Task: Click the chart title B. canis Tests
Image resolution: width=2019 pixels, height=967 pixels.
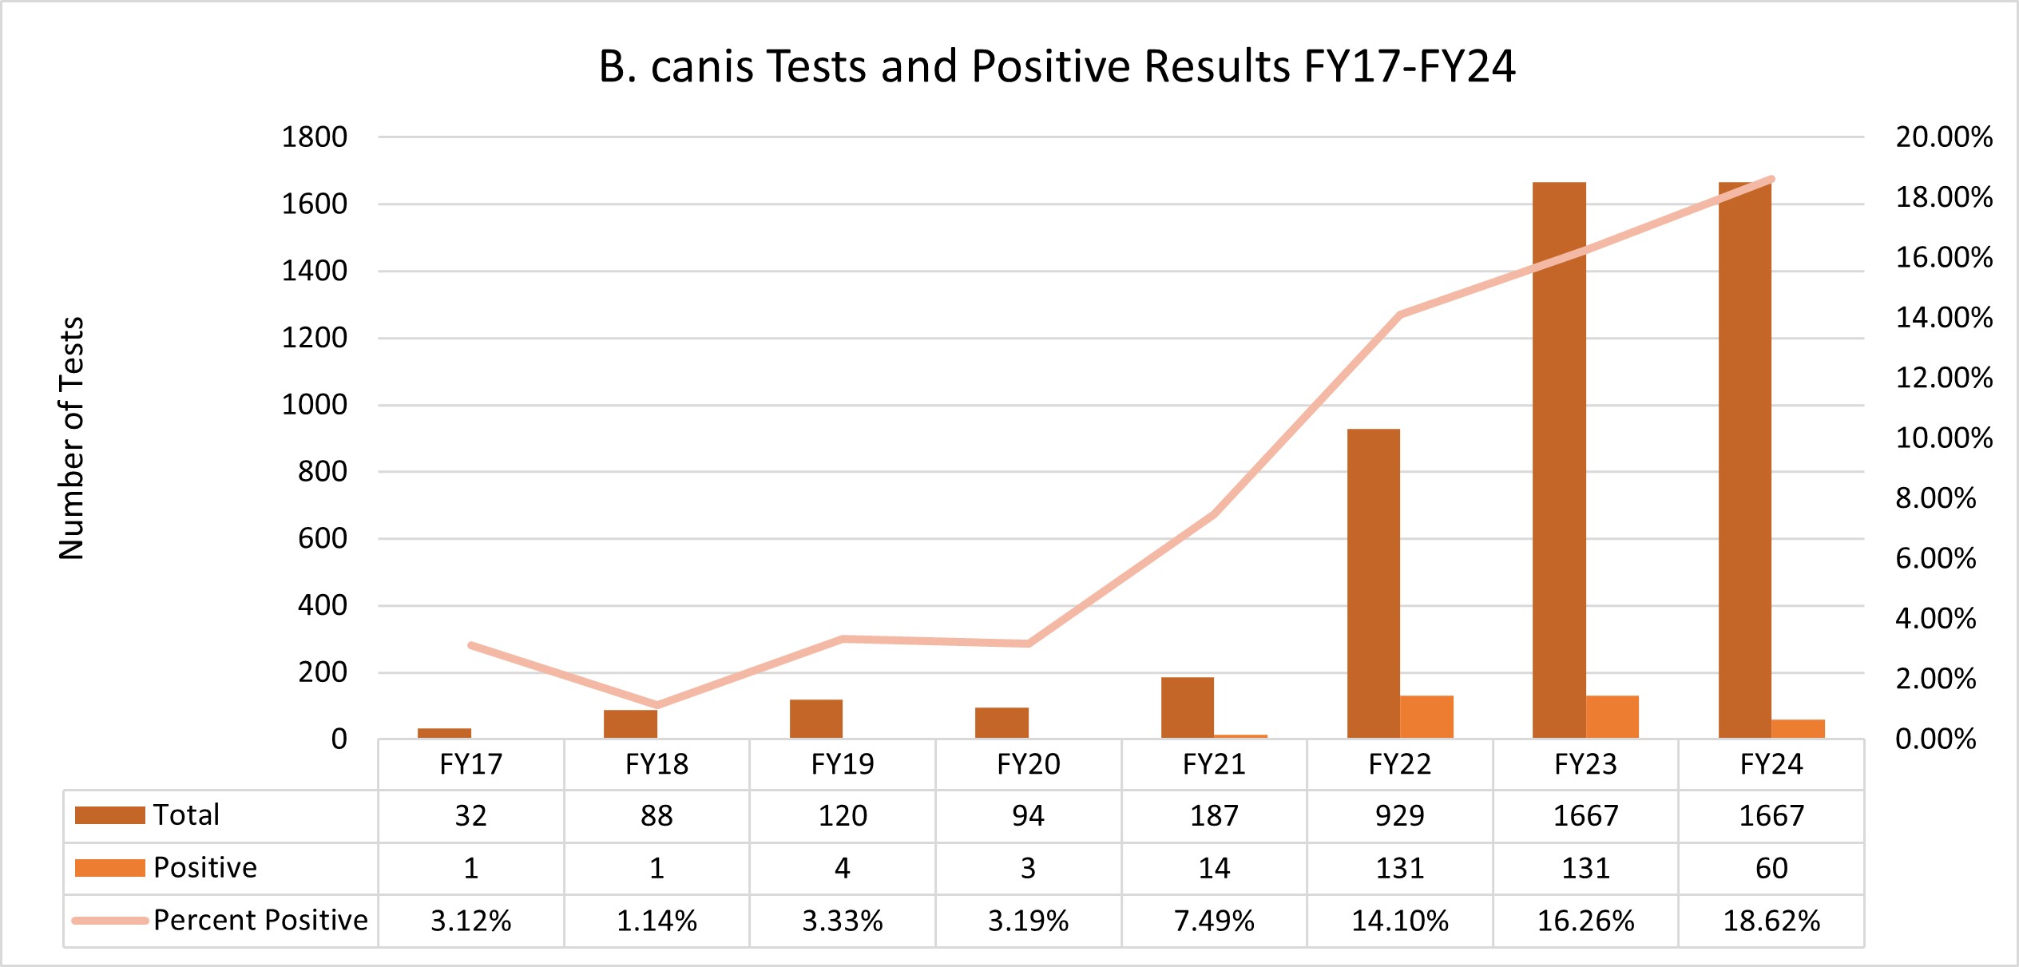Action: point(1056,66)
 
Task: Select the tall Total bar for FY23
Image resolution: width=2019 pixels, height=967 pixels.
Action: point(1558,459)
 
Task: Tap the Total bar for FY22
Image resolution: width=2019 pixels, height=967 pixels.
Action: point(1373,583)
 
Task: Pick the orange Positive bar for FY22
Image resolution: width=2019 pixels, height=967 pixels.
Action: point(1426,716)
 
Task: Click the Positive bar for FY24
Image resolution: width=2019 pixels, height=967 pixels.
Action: point(1798,728)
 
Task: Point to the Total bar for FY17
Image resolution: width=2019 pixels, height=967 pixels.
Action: point(444,733)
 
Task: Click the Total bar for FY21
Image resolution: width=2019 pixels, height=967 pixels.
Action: point(1187,707)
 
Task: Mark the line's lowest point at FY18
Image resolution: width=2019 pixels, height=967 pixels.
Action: point(656,704)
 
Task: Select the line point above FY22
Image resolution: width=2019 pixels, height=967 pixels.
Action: point(1400,315)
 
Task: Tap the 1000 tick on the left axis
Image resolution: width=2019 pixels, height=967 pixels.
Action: point(314,405)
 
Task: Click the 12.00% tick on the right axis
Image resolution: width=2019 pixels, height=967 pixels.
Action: point(1943,378)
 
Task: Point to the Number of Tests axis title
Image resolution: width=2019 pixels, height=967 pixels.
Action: point(71,438)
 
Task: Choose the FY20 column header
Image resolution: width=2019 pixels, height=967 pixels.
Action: point(1028,764)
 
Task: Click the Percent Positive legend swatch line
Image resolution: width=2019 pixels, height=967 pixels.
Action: point(110,921)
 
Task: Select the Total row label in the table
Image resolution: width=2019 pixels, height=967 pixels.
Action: point(186,815)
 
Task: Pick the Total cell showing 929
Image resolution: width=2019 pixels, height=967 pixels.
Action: point(1399,815)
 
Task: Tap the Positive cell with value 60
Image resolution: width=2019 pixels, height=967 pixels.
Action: point(1771,868)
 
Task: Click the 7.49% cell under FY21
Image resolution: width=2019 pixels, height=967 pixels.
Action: point(1213,921)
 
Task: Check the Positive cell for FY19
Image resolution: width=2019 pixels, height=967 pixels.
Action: point(842,868)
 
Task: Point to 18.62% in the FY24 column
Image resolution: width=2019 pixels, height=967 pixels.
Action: point(1771,921)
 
